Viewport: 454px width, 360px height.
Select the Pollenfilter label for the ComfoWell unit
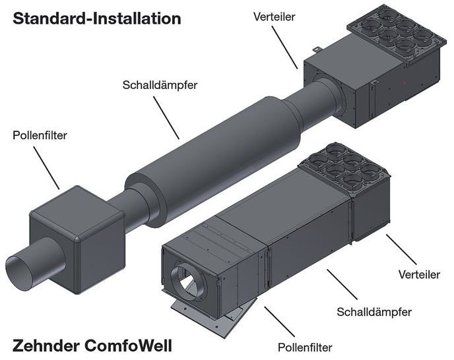click(304, 345)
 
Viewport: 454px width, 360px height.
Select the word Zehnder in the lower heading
click(47, 344)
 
